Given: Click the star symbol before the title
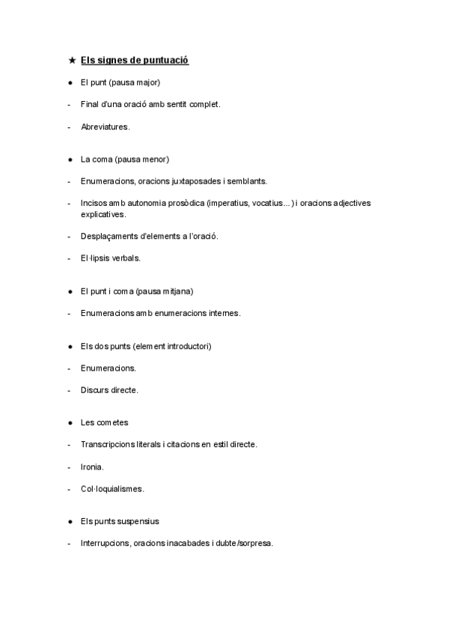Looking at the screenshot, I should [x=70, y=60].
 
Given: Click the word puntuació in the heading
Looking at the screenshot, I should [x=163, y=60].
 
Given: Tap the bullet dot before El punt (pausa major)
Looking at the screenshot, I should [x=70, y=82].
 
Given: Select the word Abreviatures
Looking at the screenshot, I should [x=106, y=127].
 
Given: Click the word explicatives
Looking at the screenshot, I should [x=104, y=214].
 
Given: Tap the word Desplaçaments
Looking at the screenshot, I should [x=112, y=236].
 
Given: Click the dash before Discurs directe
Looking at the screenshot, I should [x=69, y=390].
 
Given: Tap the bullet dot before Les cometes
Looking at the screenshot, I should [x=70, y=423].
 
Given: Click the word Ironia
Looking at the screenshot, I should [x=92, y=467].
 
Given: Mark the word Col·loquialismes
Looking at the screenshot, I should [x=112, y=489].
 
